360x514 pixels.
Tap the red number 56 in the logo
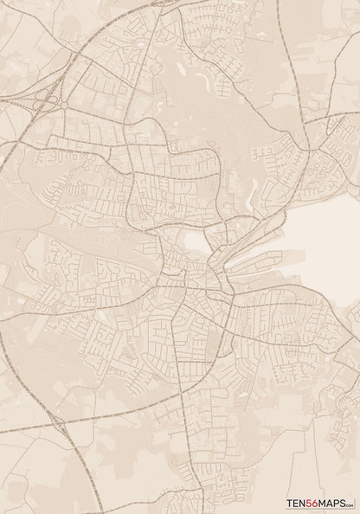point(318,503)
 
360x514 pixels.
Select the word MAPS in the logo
point(336,503)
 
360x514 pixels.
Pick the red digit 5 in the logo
point(313,503)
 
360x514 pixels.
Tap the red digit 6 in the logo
point(321,503)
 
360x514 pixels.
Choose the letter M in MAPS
point(328,503)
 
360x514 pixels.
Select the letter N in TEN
point(305,503)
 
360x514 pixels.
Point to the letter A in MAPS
point(334,503)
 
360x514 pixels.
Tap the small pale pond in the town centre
point(197,242)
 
